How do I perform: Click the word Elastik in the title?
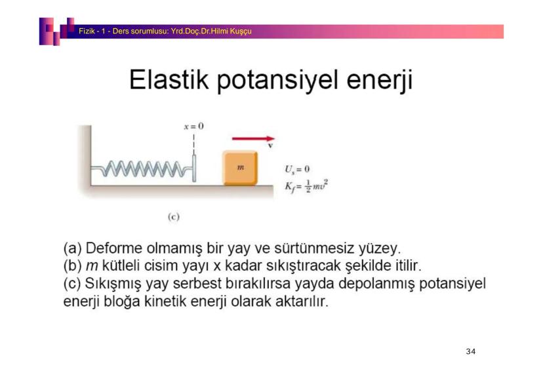click(x=169, y=79)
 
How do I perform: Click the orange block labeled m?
click(x=240, y=168)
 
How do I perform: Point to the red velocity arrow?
click(x=253, y=139)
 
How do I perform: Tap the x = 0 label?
click(x=194, y=126)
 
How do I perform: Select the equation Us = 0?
click(x=297, y=169)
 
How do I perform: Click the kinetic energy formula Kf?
click(x=306, y=187)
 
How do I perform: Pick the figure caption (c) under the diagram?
click(x=174, y=217)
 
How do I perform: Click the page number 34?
click(x=471, y=351)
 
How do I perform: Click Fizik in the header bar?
click(x=87, y=31)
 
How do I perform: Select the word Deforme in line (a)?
click(x=113, y=248)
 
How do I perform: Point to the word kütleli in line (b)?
click(x=121, y=265)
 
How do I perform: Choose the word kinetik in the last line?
click(x=165, y=301)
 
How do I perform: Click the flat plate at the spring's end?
click(x=194, y=168)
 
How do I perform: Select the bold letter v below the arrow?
click(x=270, y=145)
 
